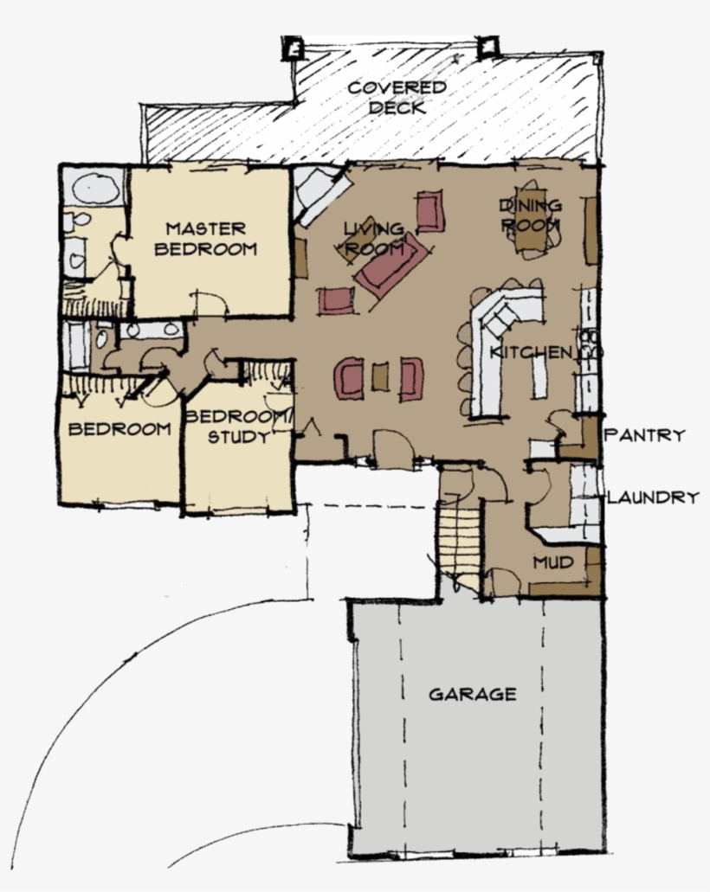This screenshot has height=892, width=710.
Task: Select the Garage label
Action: click(x=473, y=694)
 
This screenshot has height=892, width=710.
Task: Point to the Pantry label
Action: click(x=645, y=434)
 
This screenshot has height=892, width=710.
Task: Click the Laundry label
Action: click(x=653, y=497)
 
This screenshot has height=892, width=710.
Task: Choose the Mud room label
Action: click(x=553, y=562)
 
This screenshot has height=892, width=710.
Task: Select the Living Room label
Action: click(x=374, y=239)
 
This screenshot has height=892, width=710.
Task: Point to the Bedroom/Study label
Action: click(x=239, y=427)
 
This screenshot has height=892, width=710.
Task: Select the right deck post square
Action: click(x=489, y=46)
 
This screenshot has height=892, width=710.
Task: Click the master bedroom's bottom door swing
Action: click(x=210, y=303)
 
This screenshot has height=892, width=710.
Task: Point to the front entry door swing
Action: click(x=391, y=447)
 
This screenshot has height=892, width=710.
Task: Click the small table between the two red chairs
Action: click(x=378, y=378)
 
